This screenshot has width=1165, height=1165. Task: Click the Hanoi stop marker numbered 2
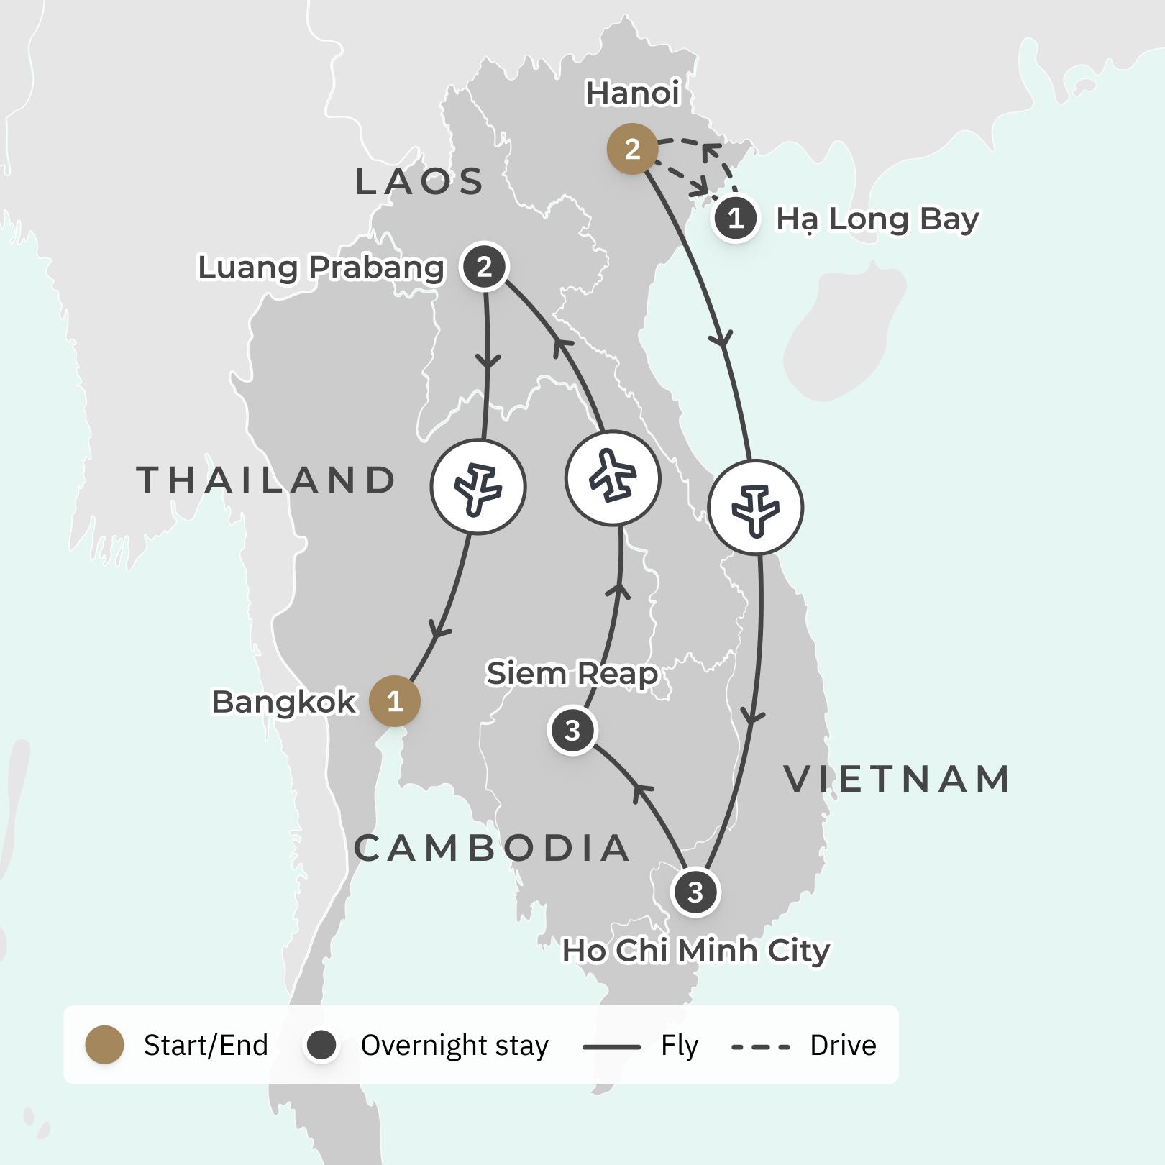pos(632,150)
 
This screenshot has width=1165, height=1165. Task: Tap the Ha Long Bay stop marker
pos(735,218)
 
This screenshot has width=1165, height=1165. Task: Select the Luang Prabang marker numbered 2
pos(484,267)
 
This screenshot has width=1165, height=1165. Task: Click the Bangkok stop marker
pos(394,701)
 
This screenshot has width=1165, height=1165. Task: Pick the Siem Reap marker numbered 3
pos(572,731)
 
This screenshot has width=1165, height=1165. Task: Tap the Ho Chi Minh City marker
pos(695,892)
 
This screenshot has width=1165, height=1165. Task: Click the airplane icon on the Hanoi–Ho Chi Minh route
pos(755,508)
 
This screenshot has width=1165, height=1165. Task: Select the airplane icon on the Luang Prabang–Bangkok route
pos(478,488)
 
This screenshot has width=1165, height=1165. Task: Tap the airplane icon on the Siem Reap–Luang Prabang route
pos(613,478)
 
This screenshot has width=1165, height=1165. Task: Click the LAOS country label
pos(420,181)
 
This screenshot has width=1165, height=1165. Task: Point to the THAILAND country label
pos(266,480)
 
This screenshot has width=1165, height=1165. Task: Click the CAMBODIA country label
pos(492,848)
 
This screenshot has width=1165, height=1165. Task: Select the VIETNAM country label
pos(897,779)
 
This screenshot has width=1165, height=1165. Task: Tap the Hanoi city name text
pos(632,93)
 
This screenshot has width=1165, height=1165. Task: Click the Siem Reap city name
pos(572,674)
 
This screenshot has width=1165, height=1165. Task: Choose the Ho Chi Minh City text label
pos(695,950)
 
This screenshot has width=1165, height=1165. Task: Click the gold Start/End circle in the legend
pos(105,1045)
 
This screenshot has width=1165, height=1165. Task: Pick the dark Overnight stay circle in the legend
pos(321,1045)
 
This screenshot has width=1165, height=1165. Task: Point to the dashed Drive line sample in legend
pos(760,1047)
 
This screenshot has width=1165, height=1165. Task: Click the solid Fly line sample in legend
pos(611,1047)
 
